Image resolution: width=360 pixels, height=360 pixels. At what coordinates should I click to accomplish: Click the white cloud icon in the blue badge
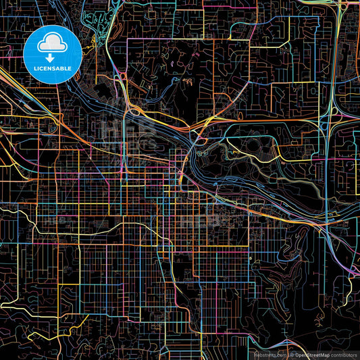tap(52, 44)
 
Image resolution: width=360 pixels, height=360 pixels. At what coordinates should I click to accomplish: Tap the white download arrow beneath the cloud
tap(52, 56)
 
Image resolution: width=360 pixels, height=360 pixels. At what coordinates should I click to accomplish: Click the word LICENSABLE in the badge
tap(53, 69)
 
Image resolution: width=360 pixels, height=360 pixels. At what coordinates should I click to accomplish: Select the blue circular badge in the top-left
tap(53, 54)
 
